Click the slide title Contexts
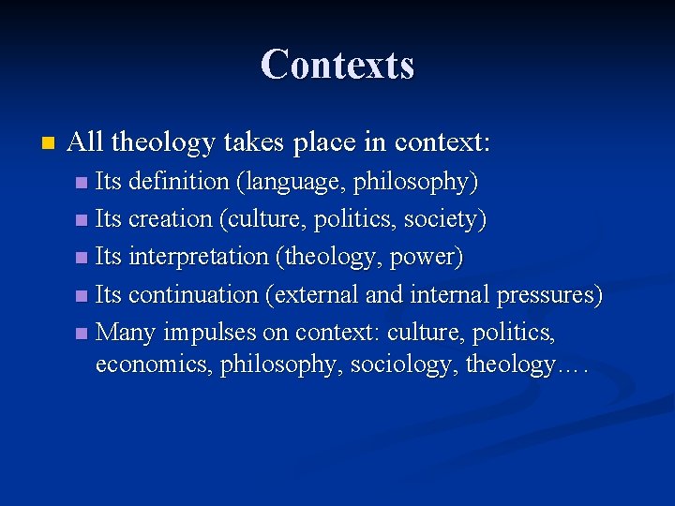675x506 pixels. point(337,65)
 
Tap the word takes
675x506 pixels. point(251,142)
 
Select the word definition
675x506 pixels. point(171,181)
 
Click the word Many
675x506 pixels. point(127,333)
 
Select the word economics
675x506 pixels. point(154,365)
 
